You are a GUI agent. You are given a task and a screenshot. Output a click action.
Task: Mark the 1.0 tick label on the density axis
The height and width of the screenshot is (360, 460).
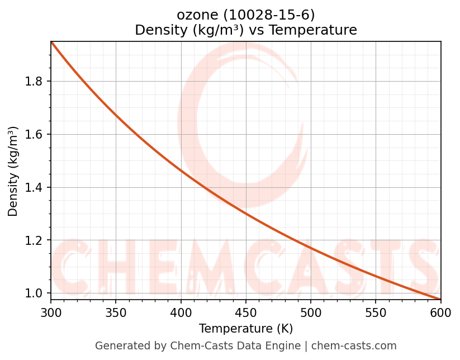pos(35,293)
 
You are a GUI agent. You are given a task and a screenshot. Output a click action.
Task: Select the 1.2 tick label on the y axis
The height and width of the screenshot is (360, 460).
pos(35,240)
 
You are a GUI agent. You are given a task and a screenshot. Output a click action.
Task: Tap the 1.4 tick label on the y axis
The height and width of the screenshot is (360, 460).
pos(35,187)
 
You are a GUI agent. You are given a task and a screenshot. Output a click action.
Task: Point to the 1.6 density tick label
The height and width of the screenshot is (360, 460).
pos(35,134)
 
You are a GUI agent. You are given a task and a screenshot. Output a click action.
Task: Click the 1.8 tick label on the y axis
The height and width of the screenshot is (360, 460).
pos(35,82)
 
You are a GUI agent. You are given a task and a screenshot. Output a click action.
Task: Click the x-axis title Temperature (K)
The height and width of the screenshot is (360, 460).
pos(246,329)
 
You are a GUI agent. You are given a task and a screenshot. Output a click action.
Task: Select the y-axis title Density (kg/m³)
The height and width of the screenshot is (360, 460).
pos(13,171)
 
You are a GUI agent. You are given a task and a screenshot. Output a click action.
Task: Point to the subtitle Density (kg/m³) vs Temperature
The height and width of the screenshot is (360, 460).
pos(246,30)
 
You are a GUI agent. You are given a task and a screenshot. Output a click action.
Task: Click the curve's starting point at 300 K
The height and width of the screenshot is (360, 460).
pos(51,42)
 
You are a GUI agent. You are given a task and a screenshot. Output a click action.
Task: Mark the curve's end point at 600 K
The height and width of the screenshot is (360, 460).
pos(440,299)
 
